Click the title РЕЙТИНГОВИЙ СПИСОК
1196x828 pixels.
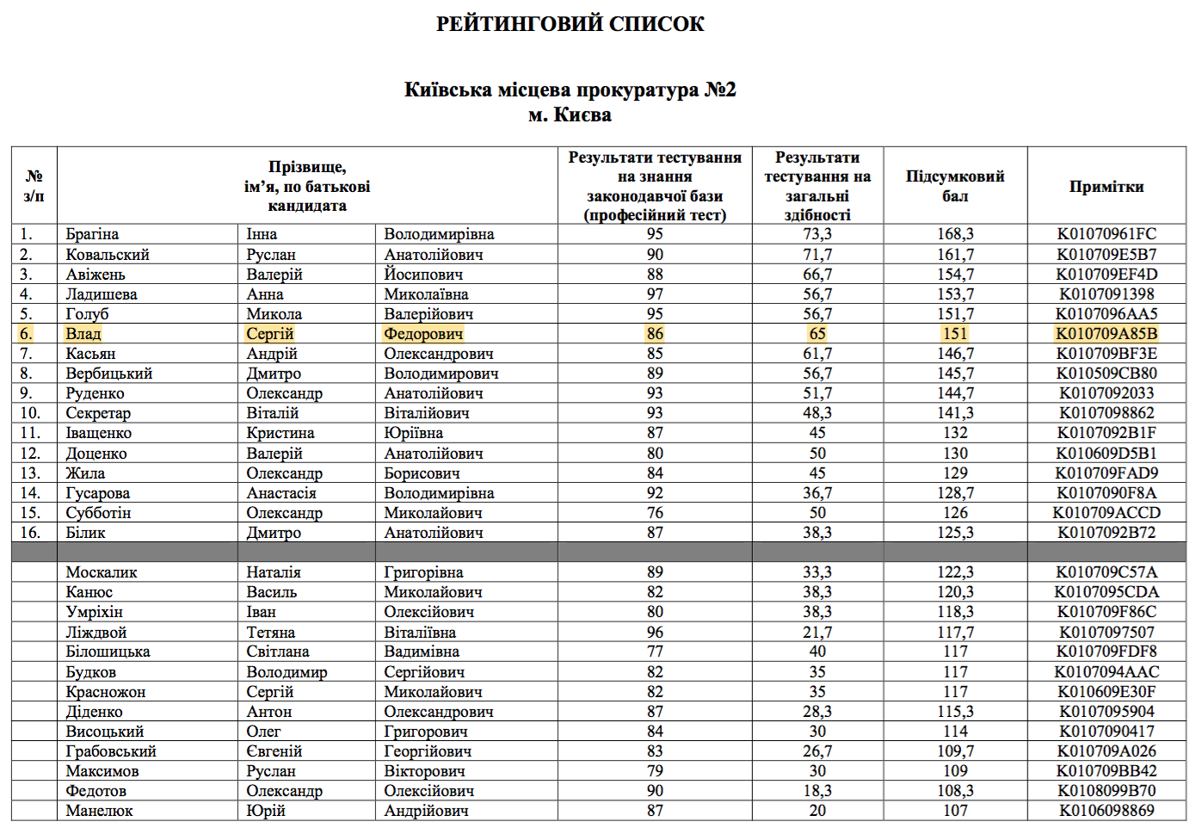pos(570,24)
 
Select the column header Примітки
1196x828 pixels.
pos(1106,187)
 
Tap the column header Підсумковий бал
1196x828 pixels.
pos(954,186)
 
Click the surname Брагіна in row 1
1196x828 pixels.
pos(92,234)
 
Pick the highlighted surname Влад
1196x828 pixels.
pos(83,334)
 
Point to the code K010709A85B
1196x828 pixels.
pos(1106,334)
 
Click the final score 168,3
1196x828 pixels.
pos(954,234)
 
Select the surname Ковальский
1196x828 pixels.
pos(108,255)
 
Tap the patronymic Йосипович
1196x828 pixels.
pos(423,275)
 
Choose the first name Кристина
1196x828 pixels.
pos(280,433)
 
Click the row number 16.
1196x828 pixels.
pos(30,533)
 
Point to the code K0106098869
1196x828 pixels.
pos(1106,811)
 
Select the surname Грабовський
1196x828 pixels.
pos(111,751)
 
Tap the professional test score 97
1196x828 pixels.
pos(655,294)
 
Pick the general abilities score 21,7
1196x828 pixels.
pos(817,633)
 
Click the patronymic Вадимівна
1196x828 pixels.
pos(422,652)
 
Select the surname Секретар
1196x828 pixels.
pos(98,413)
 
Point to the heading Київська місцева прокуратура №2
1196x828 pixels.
pos(570,90)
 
